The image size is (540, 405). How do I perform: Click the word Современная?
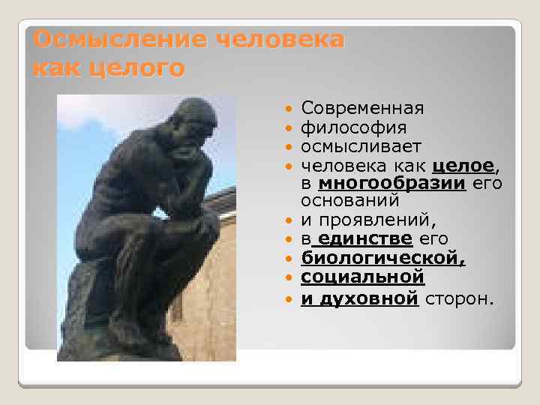(x=362, y=109)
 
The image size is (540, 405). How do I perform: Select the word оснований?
(x=350, y=201)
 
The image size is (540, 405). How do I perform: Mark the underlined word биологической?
(x=383, y=259)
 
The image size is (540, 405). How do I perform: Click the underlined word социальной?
(x=362, y=277)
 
